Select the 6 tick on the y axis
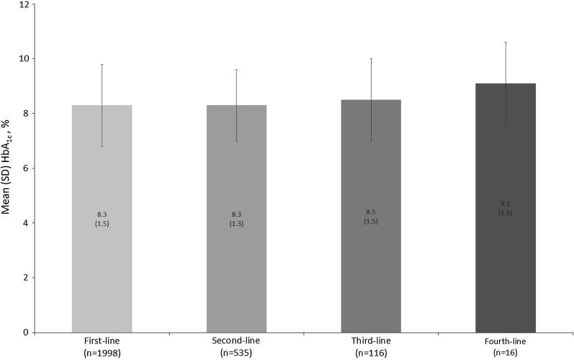tap(26, 168)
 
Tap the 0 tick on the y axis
tap(26, 333)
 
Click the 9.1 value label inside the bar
tap(506, 204)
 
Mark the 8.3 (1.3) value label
tap(236, 219)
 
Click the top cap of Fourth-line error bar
tap(506, 42)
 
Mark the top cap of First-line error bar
tap(102, 64)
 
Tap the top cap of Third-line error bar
tap(371, 58)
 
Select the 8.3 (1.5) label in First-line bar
tap(102, 219)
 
